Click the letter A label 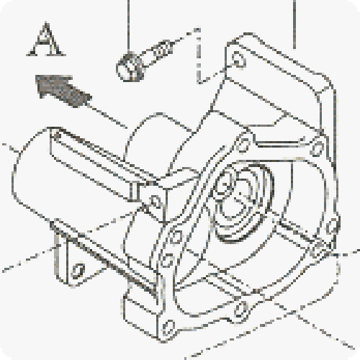[46, 40]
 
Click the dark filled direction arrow [63, 90]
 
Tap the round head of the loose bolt [130, 68]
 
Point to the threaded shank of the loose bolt [161, 50]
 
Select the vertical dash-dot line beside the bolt [198, 56]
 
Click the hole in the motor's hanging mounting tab [78, 271]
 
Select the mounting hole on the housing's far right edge [333, 226]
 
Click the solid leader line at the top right [294, 24]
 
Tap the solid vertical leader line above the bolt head [129, 26]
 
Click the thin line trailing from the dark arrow [108, 116]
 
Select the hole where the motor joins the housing [155, 201]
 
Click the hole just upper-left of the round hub [176, 236]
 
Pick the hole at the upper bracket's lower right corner [318, 147]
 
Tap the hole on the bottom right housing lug [241, 310]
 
